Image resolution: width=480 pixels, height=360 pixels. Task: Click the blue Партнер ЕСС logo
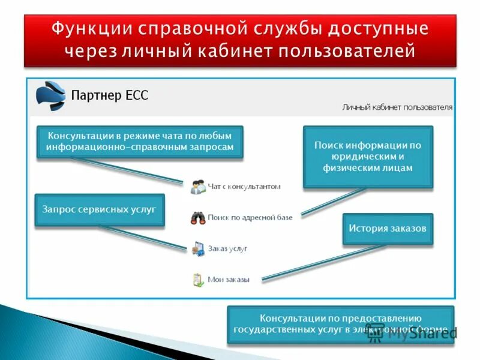coord(50,95)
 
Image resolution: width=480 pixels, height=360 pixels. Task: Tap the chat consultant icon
coord(198,187)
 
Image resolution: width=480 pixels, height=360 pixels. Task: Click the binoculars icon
coord(198,217)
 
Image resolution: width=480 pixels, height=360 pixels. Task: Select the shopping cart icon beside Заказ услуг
coord(198,248)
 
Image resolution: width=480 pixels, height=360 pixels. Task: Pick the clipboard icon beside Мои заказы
coord(198,279)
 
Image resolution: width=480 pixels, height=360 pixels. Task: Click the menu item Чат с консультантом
coord(244,187)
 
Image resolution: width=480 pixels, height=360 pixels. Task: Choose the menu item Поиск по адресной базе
coord(250,217)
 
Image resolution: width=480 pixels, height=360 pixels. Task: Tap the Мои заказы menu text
coord(228,279)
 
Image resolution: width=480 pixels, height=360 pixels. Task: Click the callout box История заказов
coord(388,229)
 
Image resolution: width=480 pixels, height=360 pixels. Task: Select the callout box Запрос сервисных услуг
coord(99,209)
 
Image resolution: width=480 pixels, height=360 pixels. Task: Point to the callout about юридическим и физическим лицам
coord(368,157)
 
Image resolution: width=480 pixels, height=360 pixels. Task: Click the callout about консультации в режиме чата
coord(140,142)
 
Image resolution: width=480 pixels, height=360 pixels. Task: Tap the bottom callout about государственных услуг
coord(340,324)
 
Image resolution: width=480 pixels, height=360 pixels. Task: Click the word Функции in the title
coord(91,29)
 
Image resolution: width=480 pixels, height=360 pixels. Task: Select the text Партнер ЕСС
coord(109,95)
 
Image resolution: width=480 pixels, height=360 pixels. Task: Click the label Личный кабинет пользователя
coord(397,107)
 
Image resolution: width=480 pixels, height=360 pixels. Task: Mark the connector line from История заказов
coord(324,262)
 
